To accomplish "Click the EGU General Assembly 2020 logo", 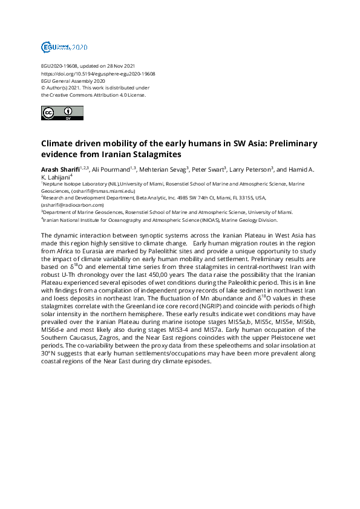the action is pos(64,47).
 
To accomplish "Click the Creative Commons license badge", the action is pos(57,113).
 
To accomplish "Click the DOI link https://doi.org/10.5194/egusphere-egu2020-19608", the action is pos(98,74).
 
